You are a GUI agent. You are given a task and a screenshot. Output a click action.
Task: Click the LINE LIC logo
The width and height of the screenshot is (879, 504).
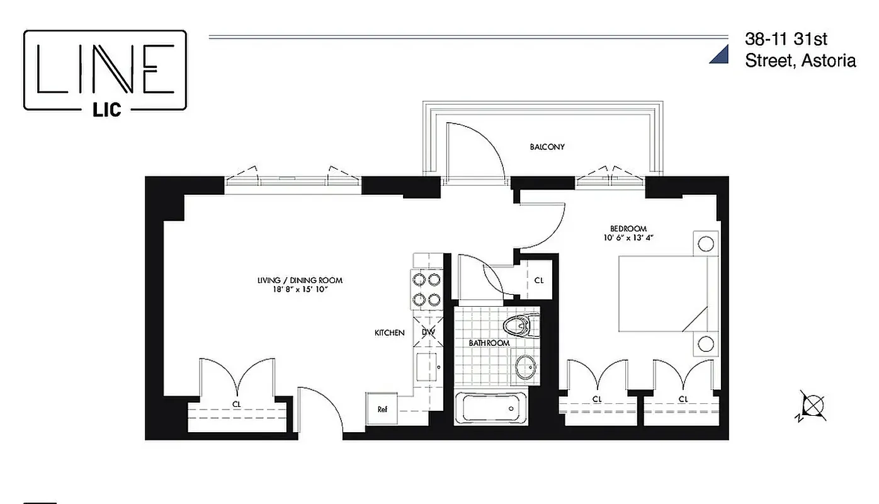tap(105, 71)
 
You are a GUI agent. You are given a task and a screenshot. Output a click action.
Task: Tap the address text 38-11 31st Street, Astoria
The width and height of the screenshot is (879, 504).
tap(800, 50)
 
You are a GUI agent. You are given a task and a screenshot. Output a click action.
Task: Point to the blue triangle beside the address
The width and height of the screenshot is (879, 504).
tap(720, 55)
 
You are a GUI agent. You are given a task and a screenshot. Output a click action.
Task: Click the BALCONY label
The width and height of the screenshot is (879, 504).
tap(547, 147)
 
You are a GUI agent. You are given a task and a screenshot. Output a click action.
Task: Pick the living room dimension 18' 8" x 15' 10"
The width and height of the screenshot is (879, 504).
tap(300, 290)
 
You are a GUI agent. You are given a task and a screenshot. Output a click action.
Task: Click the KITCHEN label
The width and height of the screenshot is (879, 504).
tap(389, 333)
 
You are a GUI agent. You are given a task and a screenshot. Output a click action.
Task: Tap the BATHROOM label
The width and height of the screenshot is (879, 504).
tap(489, 343)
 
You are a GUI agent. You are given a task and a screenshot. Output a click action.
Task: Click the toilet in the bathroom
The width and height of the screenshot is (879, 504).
tap(518, 326)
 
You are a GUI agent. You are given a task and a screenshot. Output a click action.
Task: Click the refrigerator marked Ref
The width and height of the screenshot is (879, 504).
tap(382, 408)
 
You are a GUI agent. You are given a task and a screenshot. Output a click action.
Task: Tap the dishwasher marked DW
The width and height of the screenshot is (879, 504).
tap(428, 332)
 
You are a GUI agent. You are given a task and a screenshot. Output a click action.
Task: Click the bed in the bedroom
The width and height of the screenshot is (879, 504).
tap(661, 293)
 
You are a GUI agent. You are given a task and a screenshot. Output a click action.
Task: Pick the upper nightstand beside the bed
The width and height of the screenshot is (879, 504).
tap(706, 243)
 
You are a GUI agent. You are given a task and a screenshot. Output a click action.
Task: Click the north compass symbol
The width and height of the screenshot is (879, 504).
tap(812, 406)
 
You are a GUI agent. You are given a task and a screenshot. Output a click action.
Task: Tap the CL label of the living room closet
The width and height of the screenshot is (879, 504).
tap(237, 404)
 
